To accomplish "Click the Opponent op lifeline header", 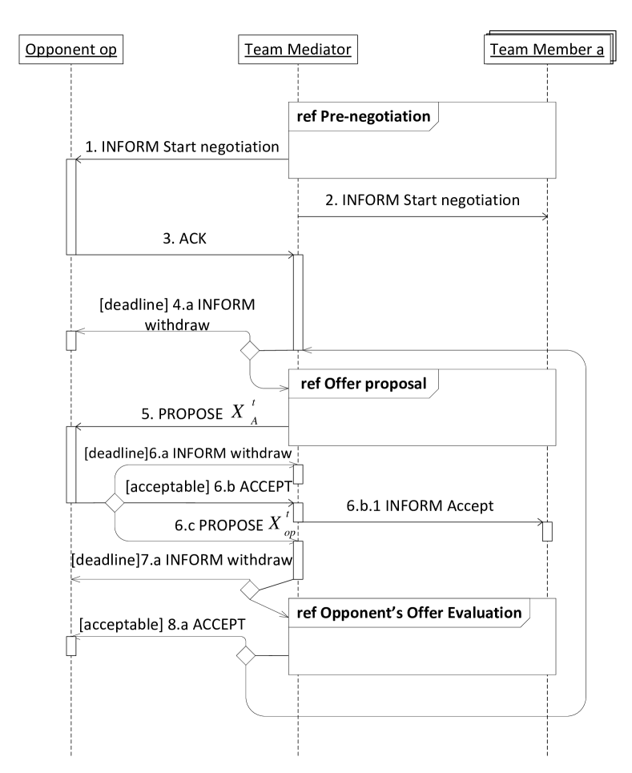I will pos(71,50).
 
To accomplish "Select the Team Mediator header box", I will pos(297,50).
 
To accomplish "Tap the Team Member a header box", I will pos(546,50).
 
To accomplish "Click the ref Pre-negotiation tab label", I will pos(363,116).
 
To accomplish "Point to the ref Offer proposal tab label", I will pos(363,383).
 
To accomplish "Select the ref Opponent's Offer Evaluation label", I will pos(409,613).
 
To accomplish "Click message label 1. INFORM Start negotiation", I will pos(182,147).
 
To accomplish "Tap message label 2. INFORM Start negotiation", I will pos(422,199).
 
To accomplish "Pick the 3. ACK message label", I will pos(184,239).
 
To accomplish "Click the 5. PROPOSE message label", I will pos(182,414).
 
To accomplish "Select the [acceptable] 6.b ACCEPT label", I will pos(208,485).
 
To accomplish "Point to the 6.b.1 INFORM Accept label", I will pos(420,506).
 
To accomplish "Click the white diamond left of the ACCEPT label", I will pos(115,503).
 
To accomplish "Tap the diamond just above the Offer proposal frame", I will pos(250,350).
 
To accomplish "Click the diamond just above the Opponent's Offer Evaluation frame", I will pos(250,590).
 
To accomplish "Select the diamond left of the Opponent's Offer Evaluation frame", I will pos(246,656).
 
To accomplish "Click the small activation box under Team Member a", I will pos(547,531).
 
